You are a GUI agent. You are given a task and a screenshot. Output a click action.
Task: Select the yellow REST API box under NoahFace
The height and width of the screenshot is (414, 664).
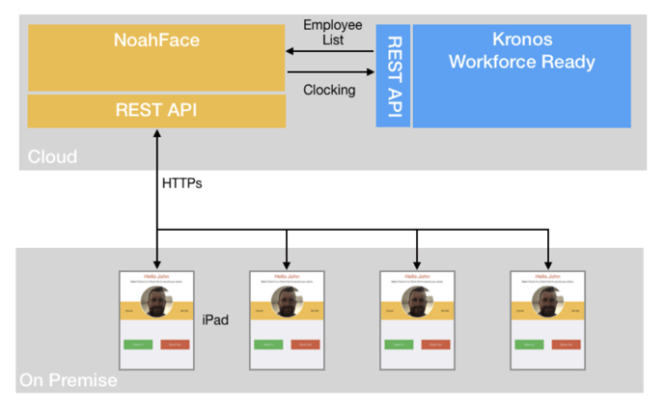[156, 110]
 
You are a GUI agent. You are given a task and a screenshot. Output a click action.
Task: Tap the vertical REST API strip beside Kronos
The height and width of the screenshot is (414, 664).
[393, 76]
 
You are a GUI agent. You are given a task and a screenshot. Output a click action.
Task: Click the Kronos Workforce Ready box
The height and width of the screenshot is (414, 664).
[522, 51]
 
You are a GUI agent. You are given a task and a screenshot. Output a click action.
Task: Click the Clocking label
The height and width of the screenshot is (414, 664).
[329, 90]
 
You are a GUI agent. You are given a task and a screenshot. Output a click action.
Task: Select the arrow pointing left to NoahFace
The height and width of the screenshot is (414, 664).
[329, 51]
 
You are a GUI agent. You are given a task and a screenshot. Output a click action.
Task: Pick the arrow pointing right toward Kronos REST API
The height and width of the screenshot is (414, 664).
[329, 70]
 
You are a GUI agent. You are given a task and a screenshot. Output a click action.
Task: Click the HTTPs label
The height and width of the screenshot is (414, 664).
[182, 182]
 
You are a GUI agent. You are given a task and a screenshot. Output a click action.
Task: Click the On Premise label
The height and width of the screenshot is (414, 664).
[69, 380]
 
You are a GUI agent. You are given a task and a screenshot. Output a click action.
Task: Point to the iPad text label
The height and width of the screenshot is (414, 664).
[215, 319]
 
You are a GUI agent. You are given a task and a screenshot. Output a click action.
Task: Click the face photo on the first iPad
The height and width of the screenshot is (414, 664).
[156, 302]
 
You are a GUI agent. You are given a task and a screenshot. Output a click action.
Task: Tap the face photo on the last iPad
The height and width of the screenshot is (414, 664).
[547, 302]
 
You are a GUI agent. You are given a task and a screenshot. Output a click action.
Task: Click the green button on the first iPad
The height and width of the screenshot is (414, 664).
[137, 345]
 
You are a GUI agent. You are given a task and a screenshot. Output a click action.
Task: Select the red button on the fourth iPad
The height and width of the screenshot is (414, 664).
[566, 345]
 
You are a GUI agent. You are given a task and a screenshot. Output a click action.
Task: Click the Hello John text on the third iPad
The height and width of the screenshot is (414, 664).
[417, 276]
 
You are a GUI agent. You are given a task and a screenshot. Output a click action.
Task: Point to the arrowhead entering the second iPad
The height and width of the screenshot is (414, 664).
[287, 263]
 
